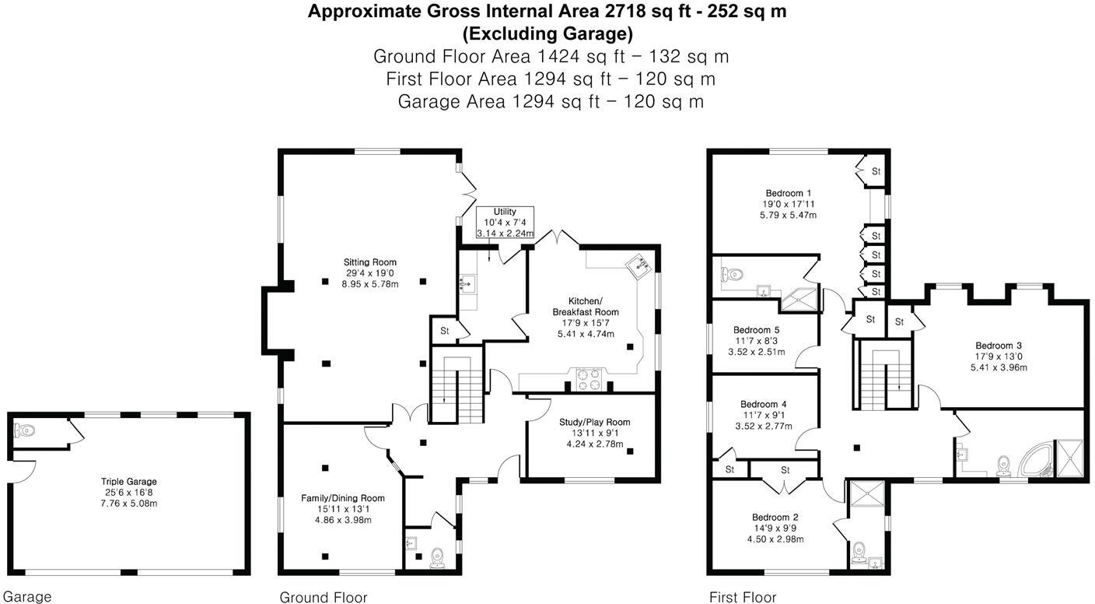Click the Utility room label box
click(505, 223)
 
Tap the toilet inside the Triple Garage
click(25, 430)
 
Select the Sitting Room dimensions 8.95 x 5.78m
click(370, 284)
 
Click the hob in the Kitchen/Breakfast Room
click(588, 377)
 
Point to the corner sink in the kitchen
click(640, 267)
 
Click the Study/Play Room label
click(594, 422)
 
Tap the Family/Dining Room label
click(343, 498)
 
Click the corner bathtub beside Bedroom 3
click(1036, 459)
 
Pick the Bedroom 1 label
click(789, 193)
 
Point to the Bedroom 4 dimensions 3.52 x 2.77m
click(763, 426)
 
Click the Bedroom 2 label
click(775, 517)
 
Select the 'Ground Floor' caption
click(324, 597)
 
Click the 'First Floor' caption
click(743, 597)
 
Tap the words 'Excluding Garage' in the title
click(547, 33)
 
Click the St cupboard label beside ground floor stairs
click(445, 331)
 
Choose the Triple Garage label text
click(128, 482)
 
